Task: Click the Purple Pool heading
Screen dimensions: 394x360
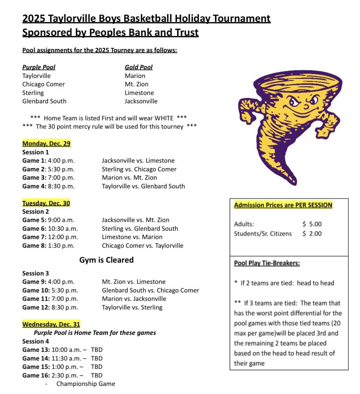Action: coord(39,67)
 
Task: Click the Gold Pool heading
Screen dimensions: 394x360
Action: coord(139,67)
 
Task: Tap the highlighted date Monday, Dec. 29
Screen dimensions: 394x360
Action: coord(46,143)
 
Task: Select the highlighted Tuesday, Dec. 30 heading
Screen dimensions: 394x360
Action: coord(46,203)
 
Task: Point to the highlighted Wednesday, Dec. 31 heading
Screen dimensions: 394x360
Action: coord(51,324)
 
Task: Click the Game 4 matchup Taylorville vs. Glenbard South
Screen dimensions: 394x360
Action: coord(143,186)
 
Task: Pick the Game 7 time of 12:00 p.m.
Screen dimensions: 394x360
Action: coord(63,237)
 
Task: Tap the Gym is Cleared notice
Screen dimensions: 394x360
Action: coord(106,260)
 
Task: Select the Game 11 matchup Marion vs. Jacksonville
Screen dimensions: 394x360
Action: coord(134,299)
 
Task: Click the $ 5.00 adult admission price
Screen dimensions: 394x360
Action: coord(312,224)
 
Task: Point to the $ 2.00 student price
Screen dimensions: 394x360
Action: coord(312,233)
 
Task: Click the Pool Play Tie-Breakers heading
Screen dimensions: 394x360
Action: coord(267,263)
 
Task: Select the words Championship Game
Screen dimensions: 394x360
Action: coord(86,384)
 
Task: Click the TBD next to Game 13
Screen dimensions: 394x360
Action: coord(97,350)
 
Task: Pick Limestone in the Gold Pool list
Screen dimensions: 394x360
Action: coord(139,93)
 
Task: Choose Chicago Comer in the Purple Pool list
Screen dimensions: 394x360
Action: coord(44,84)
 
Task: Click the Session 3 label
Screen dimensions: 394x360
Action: coord(36,273)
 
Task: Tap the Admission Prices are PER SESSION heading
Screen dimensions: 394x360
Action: coord(283,205)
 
